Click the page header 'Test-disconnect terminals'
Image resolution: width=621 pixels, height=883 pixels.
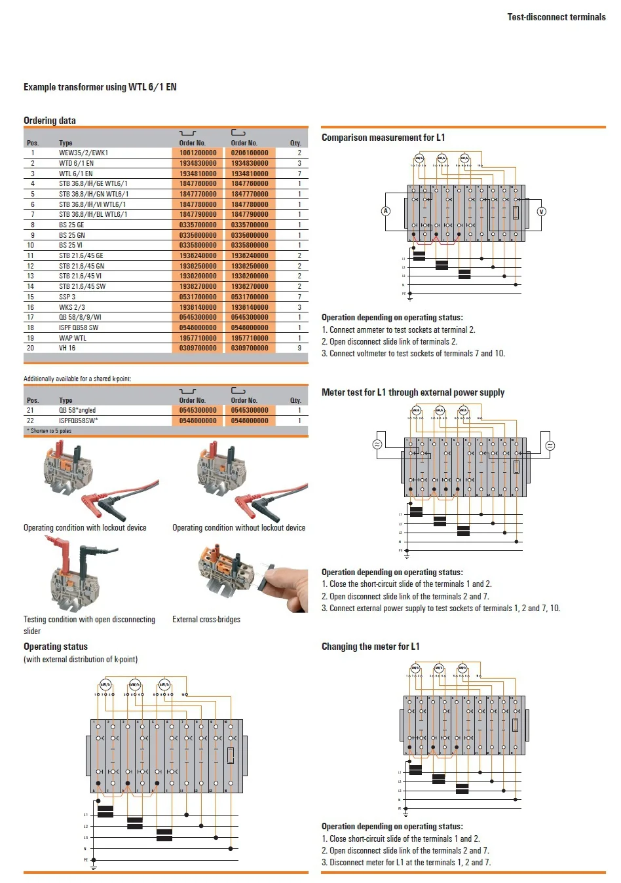pos(556,17)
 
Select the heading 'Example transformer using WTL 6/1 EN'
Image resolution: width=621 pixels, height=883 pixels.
pos(100,87)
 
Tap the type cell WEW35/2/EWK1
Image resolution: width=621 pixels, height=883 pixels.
pos(83,153)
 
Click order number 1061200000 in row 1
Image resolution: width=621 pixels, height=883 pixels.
pos(198,153)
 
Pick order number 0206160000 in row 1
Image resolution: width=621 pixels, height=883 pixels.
pos(250,153)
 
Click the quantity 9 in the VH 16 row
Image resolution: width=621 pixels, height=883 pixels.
pos(299,348)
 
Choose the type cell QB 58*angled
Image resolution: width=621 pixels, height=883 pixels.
pos(77,410)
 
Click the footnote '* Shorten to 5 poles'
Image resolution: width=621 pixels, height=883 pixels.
pos(49,431)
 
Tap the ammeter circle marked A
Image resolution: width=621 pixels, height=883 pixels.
pos(386,211)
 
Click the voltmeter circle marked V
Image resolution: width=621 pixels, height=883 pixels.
pos(541,211)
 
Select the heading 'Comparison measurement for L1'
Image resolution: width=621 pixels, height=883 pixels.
pos(383,138)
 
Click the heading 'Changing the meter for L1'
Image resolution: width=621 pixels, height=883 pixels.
pos(370,647)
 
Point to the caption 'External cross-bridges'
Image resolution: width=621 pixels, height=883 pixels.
pos(206,620)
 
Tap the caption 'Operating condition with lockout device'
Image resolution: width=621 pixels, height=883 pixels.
pos(85,528)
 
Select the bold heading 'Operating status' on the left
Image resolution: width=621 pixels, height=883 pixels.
pos(56,647)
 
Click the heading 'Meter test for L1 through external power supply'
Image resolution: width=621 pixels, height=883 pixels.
pos(413,392)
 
